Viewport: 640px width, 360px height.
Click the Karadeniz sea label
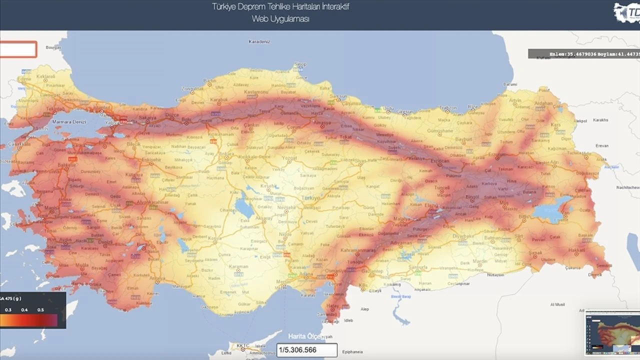259,42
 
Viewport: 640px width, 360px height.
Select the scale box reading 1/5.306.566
307,350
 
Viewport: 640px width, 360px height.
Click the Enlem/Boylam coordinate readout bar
583,53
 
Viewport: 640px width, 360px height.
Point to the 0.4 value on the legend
24,310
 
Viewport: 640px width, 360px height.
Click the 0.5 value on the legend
40,310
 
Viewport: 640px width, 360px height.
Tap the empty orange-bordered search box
18,49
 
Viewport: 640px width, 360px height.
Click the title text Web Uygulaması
281,18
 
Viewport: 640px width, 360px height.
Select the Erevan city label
602,145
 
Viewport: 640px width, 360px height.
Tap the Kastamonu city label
254,92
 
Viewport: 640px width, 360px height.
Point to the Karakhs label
602,120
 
